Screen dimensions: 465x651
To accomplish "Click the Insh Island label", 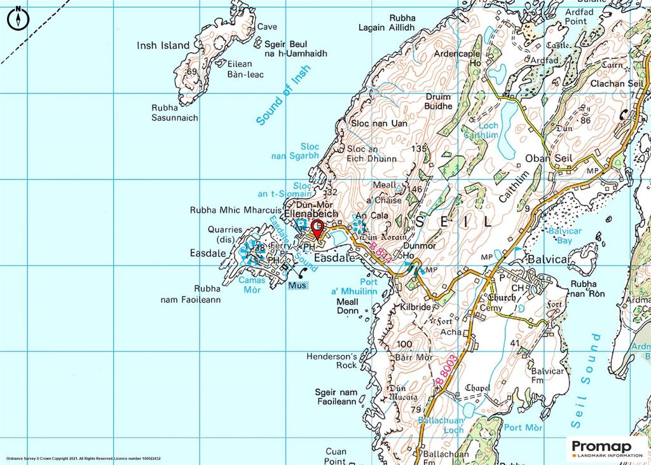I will [163, 45].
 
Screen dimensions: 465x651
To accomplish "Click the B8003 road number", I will [448, 370].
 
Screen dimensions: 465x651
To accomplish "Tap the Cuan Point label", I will [335, 456].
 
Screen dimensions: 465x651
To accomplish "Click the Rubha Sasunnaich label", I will [175, 113].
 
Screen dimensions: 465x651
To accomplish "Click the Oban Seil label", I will [549, 158].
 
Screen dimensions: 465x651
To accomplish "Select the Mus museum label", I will [297, 286].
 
